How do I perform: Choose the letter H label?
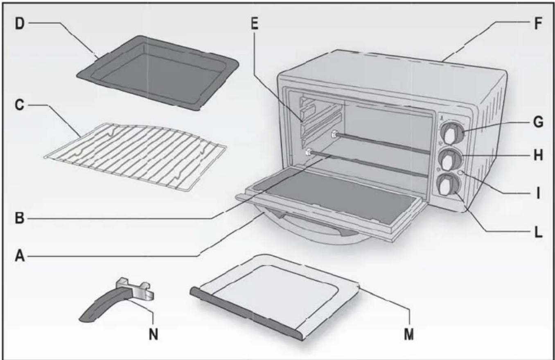[x=538, y=156]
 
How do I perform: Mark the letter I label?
[x=538, y=192]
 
